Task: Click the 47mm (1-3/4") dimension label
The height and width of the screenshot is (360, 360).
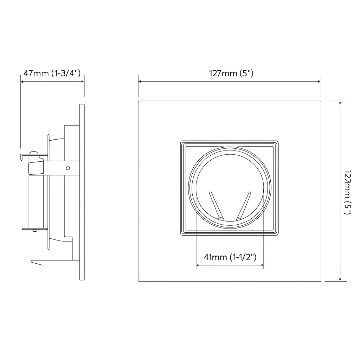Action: [x=52, y=73]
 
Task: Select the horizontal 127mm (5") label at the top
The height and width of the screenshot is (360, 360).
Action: [x=231, y=73]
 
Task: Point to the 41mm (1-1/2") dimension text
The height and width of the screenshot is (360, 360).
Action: [x=230, y=257]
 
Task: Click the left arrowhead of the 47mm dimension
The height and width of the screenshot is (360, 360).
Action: [x=22, y=82]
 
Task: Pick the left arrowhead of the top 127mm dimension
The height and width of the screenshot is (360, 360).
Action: [x=140, y=82]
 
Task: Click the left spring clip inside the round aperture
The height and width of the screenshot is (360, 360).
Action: [x=215, y=206]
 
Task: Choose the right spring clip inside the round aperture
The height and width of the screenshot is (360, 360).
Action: [x=244, y=206]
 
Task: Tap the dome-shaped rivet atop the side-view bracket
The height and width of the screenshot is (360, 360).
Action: [x=34, y=153]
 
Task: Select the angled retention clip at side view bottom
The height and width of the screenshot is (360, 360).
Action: [x=37, y=262]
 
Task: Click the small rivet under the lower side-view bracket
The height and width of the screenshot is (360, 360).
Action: [x=34, y=231]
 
